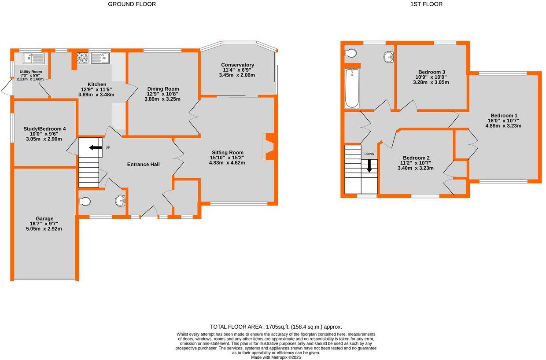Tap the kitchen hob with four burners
(83, 58)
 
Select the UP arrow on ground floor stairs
(96, 148)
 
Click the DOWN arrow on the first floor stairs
(369, 166)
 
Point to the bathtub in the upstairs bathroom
(352, 88)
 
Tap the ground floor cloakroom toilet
(85, 202)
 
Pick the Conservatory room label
(237, 65)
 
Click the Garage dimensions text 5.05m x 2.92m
(44, 229)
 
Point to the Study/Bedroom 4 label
(44, 129)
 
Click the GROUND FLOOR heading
(132, 4)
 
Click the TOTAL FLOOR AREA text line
(276, 327)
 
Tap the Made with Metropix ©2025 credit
(276, 357)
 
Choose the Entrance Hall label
(143, 164)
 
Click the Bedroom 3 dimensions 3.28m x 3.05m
(431, 82)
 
